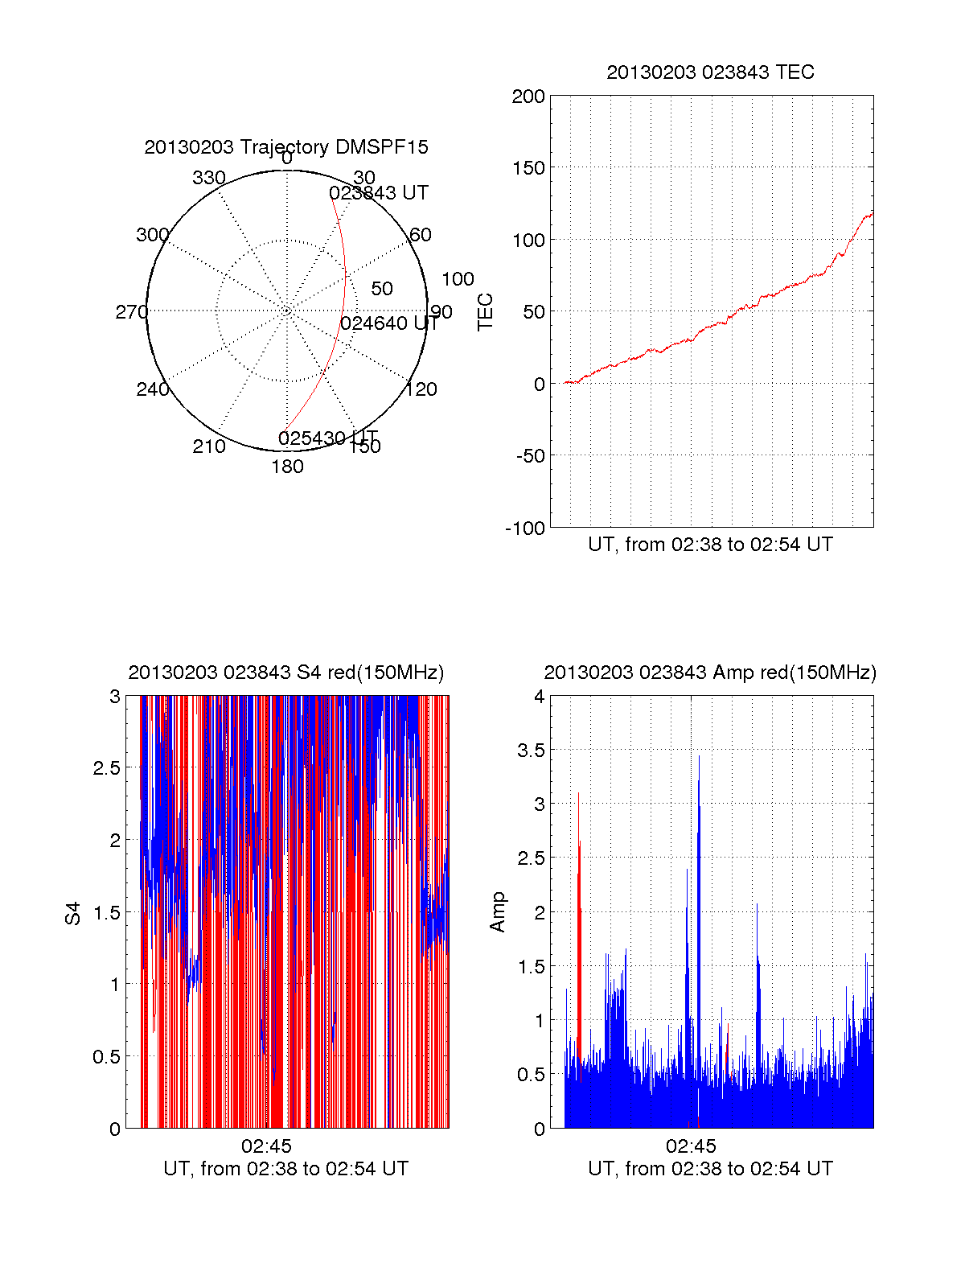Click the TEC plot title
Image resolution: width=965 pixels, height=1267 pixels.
[x=710, y=72]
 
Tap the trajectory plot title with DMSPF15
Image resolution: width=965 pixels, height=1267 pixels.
[x=286, y=147]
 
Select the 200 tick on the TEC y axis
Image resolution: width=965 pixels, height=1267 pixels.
[x=528, y=97]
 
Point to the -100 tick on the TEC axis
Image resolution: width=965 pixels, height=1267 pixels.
[x=525, y=528]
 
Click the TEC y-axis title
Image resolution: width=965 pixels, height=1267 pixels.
[x=485, y=312]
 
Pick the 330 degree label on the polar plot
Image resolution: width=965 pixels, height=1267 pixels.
[x=209, y=178]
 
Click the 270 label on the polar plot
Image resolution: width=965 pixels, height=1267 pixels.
[x=131, y=312]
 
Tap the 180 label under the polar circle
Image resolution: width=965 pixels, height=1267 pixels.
[x=287, y=467]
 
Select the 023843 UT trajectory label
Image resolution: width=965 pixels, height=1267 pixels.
[x=379, y=193]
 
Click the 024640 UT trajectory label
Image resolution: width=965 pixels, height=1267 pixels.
[x=389, y=323]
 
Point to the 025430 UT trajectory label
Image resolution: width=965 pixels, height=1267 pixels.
[x=327, y=438]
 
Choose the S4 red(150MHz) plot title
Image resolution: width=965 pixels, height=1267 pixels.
[x=286, y=673]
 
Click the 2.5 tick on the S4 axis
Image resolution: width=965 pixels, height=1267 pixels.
[x=107, y=768]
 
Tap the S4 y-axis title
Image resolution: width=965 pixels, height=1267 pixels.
[x=73, y=913]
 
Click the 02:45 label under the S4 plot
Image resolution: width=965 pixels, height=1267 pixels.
[x=266, y=1146]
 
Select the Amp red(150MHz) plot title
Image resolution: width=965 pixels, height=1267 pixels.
[x=710, y=673]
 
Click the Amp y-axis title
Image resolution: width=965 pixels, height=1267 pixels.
[x=498, y=912]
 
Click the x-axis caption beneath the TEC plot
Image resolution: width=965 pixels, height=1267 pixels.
[x=710, y=545]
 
